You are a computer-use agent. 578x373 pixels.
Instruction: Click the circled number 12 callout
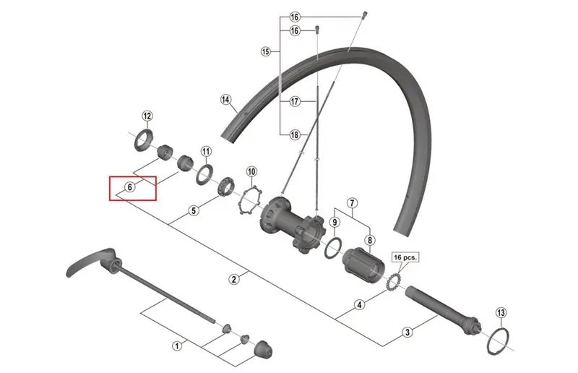(x=147, y=116)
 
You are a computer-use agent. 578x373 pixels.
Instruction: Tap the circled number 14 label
(x=225, y=100)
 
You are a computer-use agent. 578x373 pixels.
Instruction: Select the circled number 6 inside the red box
(x=130, y=187)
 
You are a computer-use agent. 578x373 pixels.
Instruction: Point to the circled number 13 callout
(x=501, y=313)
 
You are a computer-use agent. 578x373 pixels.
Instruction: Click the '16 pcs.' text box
(x=405, y=257)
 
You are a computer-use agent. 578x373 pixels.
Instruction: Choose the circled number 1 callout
(x=177, y=346)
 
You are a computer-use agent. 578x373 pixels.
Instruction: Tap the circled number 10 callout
(x=251, y=171)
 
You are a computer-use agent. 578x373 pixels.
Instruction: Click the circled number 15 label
(x=265, y=51)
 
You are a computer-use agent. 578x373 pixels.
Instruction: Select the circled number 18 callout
(x=294, y=134)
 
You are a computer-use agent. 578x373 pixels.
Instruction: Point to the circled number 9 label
(x=335, y=222)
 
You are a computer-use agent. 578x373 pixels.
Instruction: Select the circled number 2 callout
(x=233, y=279)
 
